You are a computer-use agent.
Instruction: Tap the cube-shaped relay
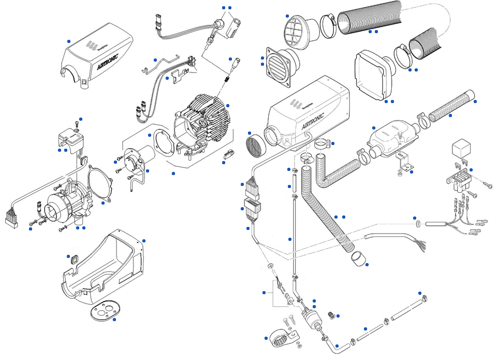(461, 149)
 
